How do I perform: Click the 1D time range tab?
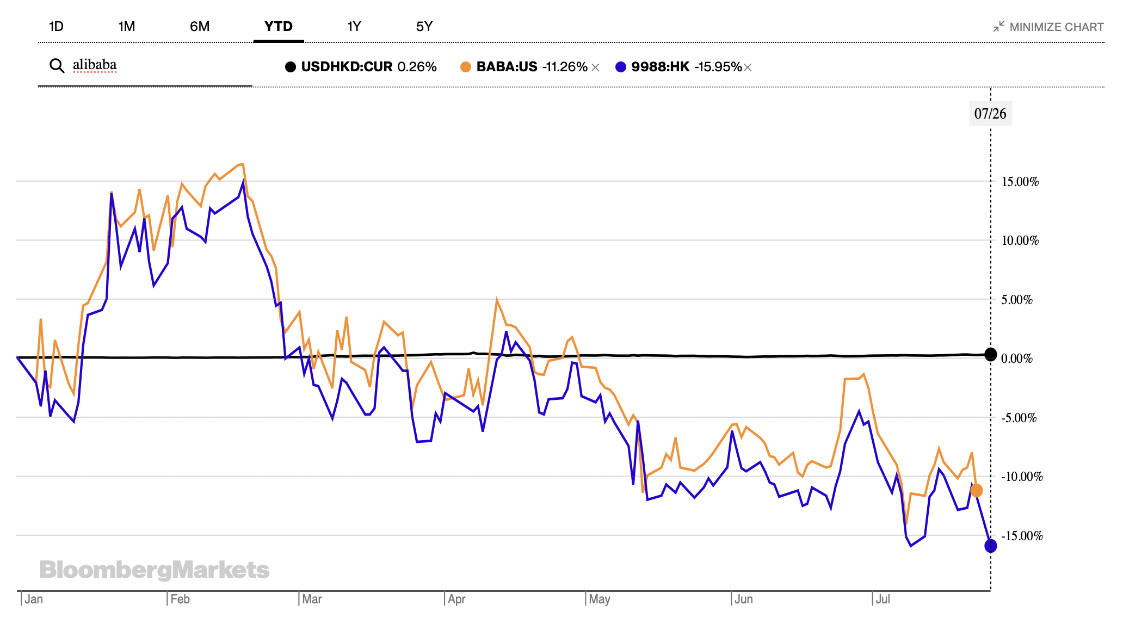(x=56, y=27)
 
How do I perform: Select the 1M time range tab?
(x=126, y=27)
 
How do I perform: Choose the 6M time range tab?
(x=200, y=27)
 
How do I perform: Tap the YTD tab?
(x=279, y=27)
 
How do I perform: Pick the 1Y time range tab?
(x=354, y=27)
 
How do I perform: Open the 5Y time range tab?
(x=424, y=27)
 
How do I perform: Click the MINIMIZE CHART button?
(x=1048, y=27)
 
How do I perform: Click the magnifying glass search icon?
(x=57, y=66)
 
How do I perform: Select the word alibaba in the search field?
(x=95, y=65)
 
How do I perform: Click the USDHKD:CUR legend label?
(x=347, y=67)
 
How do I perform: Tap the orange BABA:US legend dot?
(x=466, y=67)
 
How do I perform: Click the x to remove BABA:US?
(x=595, y=67)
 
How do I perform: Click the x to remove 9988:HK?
(x=748, y=67)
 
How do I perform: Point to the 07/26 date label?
(x=990, y=114)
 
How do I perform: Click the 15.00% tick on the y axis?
(x=1020, y=182)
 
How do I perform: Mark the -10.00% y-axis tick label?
(x=1022, y=477)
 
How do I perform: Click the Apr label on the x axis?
(x=456, y=599)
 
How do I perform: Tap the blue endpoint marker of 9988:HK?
(x=991, y=546)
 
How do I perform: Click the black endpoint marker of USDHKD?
(x=991, y=355)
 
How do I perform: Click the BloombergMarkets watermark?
(x=155, y=570)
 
